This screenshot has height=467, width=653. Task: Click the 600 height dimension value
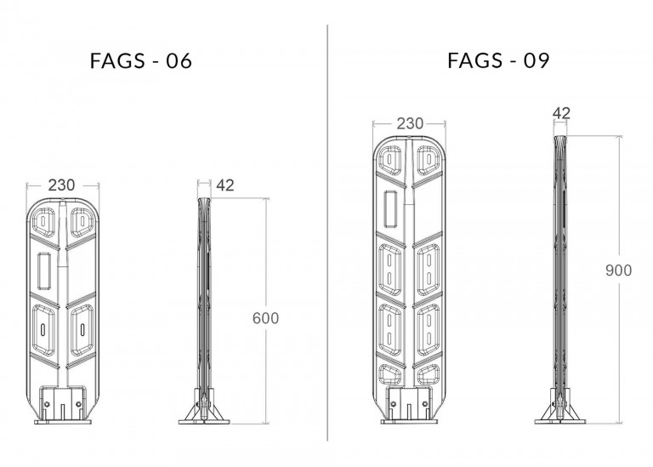pyautogui.click(x=265, y=318)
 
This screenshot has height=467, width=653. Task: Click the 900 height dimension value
pyautogui.click(x=618, y=271)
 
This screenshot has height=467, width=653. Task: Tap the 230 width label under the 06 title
pyautogui.click(x=61, y=185)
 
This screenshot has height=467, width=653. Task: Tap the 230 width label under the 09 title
pyautogui.click(x=410, y=123)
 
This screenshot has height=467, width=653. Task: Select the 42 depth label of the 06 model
pyautogui.click(x=224, y=185)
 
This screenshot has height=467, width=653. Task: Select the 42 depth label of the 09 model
pyautogui.click(x=561, y=113)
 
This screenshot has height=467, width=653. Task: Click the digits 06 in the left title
pyautogui.click(x=179, y=61)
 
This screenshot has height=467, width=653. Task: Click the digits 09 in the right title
pyautogui.click(x=537, y=61)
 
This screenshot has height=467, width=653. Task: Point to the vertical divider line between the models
pyautogui.click(x=327, y=232)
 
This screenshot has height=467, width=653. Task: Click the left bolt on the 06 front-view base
pyautogui.click(x=47, y=404)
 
